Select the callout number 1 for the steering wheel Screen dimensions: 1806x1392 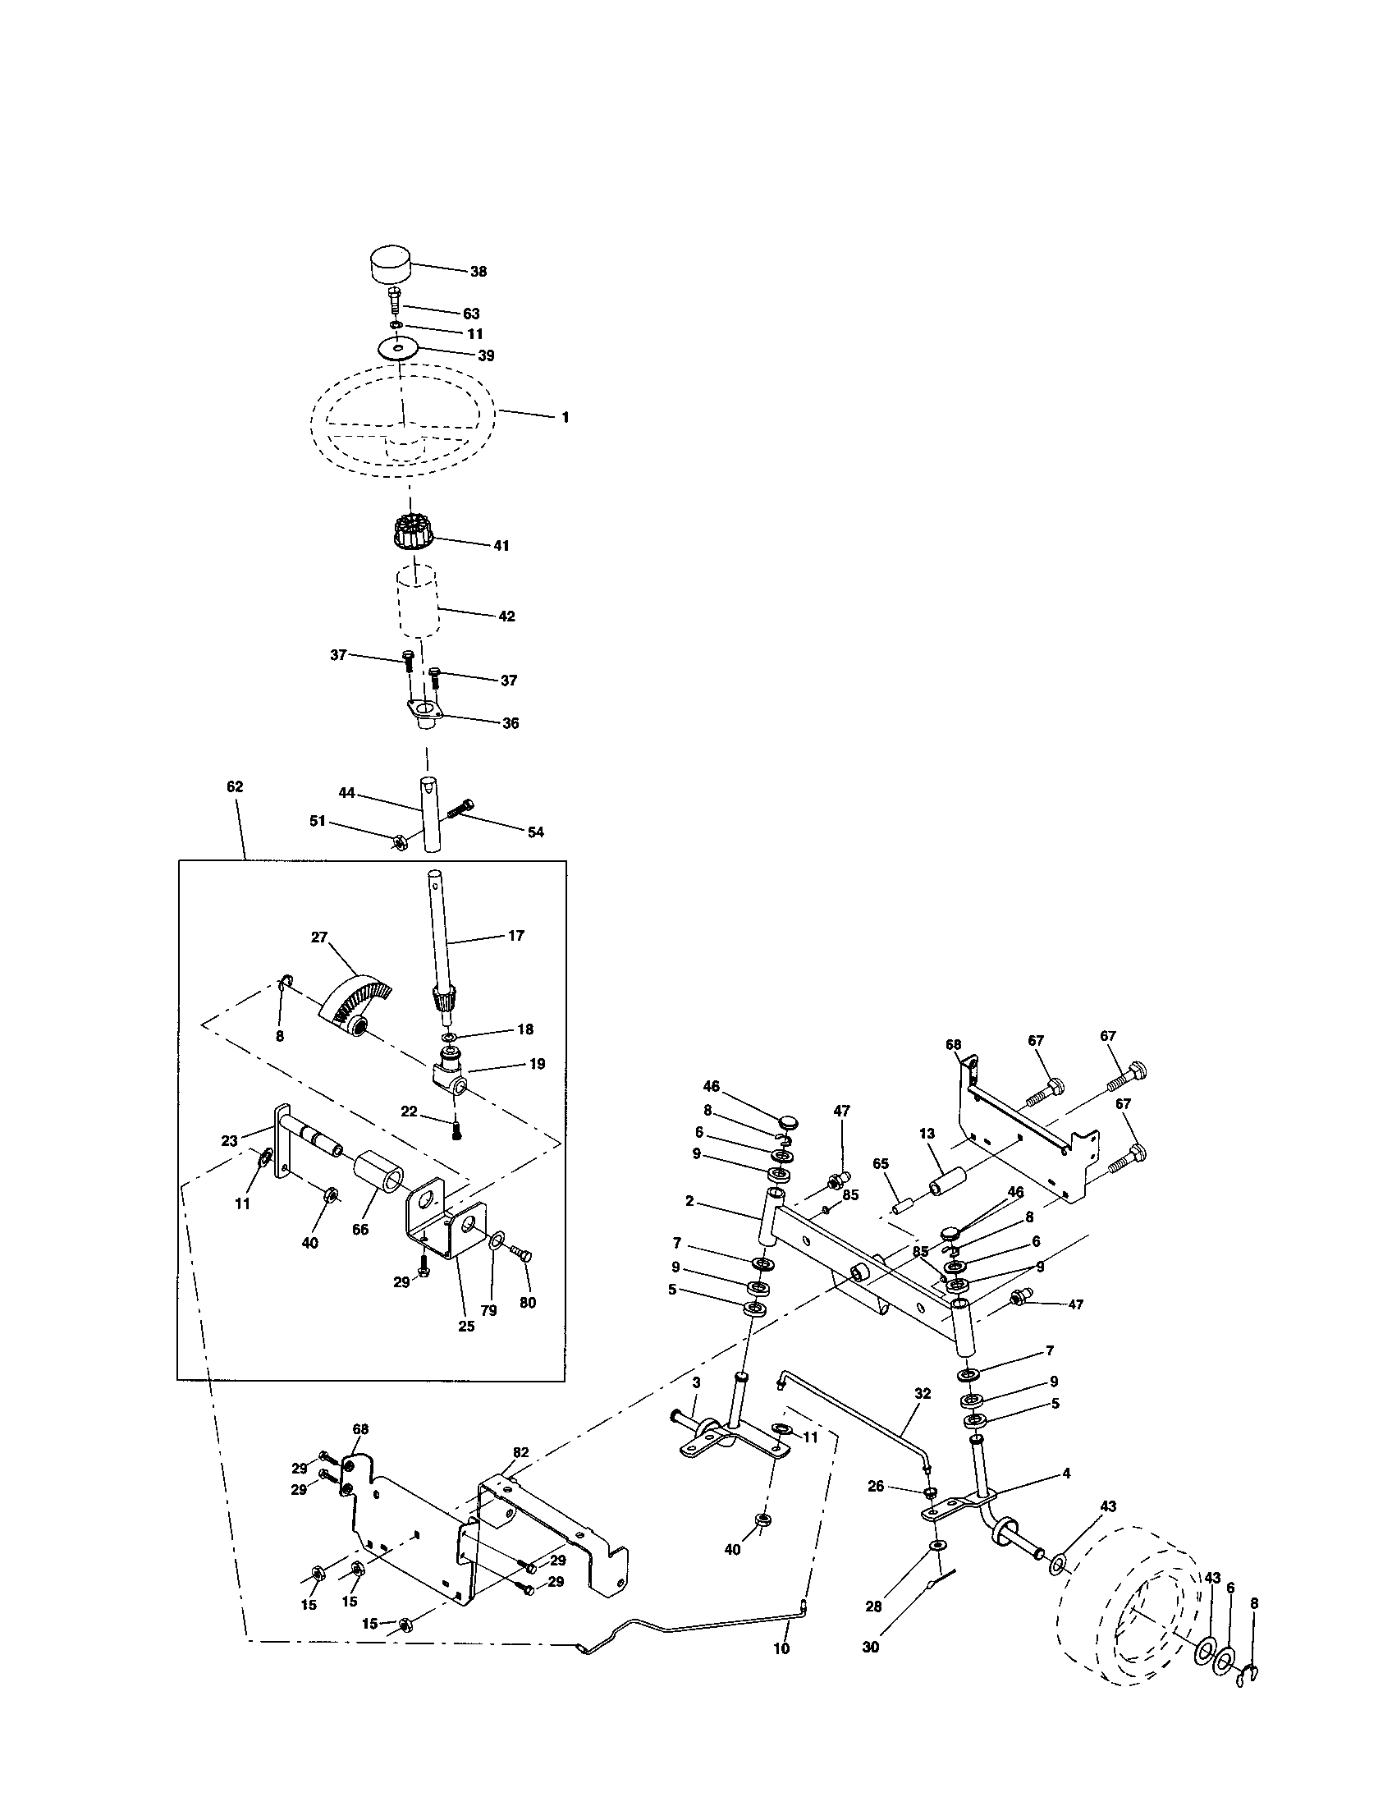point(565,418)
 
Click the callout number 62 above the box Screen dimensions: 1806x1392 point(235,786)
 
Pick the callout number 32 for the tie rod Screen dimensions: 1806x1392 point(923,1393)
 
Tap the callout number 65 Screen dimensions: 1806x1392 point(881,1163)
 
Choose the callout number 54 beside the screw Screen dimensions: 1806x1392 point(536,832)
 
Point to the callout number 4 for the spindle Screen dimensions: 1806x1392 point(1066,1473)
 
